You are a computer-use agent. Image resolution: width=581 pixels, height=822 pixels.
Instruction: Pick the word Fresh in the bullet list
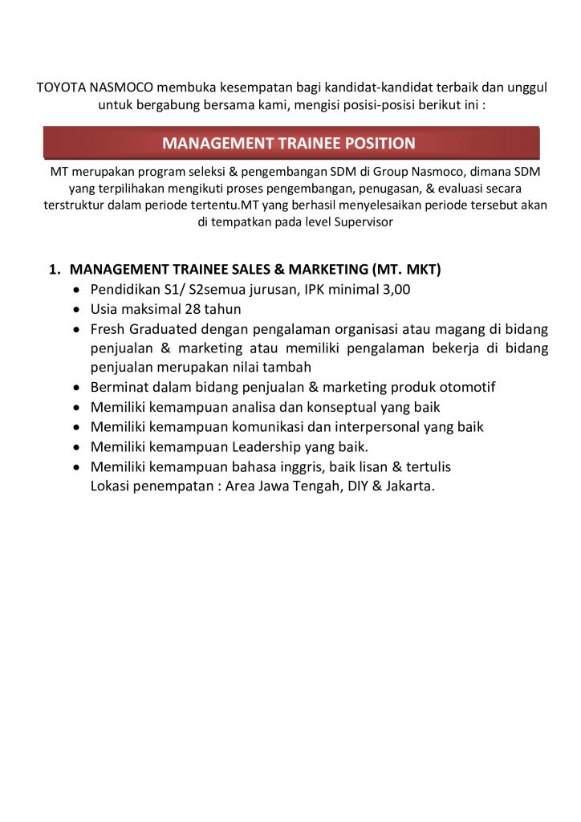tap(108, 328)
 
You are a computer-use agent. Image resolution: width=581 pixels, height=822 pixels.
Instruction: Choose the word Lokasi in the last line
tap(112, 486)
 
